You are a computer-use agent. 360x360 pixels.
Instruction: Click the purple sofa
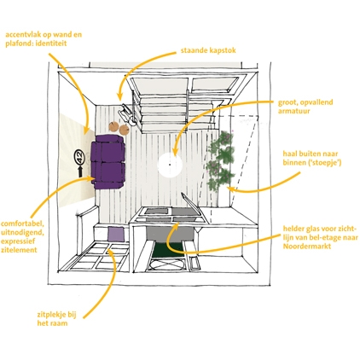pos(108,161)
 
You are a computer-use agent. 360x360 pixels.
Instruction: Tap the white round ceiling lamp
pos(170,165)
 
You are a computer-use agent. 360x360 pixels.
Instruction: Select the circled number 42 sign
pos(79,157)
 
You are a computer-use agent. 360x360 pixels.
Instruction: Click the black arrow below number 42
pos(80,171)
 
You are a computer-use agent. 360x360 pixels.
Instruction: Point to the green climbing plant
pos(221,160)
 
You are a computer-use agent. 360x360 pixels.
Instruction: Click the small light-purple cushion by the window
pos(116,235)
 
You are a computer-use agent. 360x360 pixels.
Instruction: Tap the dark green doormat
pos(168,250)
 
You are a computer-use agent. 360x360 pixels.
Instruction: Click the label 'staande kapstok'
pos(208,50)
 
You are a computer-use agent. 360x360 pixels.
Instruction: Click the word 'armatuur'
pos(293,111)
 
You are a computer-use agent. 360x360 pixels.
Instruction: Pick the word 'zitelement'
pos(19,250)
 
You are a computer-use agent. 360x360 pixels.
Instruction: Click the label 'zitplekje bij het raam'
pos(56,319)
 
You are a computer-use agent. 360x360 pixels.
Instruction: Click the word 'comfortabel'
pos(22,224)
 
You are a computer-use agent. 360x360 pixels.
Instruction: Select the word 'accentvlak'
pos(22,35)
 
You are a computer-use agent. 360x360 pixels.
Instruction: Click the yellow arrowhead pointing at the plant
pos(231,189)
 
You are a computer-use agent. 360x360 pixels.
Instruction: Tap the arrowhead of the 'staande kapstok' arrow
pos(119,97)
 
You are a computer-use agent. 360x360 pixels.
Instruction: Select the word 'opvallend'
pos(316,102)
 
